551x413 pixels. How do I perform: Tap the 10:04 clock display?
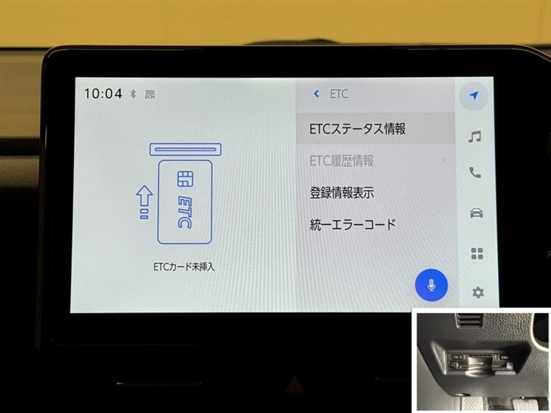pos(103,94)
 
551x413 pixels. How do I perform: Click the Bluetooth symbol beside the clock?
pos(133,94)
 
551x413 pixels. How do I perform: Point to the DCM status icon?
pos(150,94)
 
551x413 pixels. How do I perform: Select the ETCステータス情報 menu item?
pos(357,129)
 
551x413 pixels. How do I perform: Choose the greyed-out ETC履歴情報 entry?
pos(342,161)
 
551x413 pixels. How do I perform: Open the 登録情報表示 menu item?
pos(342,193)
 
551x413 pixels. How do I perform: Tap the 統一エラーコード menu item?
pos(353,224)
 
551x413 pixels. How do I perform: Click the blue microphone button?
pos(431,285)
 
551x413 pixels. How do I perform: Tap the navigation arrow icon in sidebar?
pos(474,95)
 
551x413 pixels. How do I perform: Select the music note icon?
pos(475,136)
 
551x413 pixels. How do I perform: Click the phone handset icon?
pos(475,173)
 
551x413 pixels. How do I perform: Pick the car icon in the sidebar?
pos(476,213)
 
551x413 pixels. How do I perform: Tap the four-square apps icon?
pos(477,253)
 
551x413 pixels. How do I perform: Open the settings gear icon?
pos(477,292)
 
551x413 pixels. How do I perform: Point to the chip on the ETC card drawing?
pos(185,179)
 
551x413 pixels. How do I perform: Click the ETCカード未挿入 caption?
pos(184,267)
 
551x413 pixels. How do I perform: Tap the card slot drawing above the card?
pos(185,149)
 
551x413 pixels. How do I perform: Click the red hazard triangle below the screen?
pos(292,385)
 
